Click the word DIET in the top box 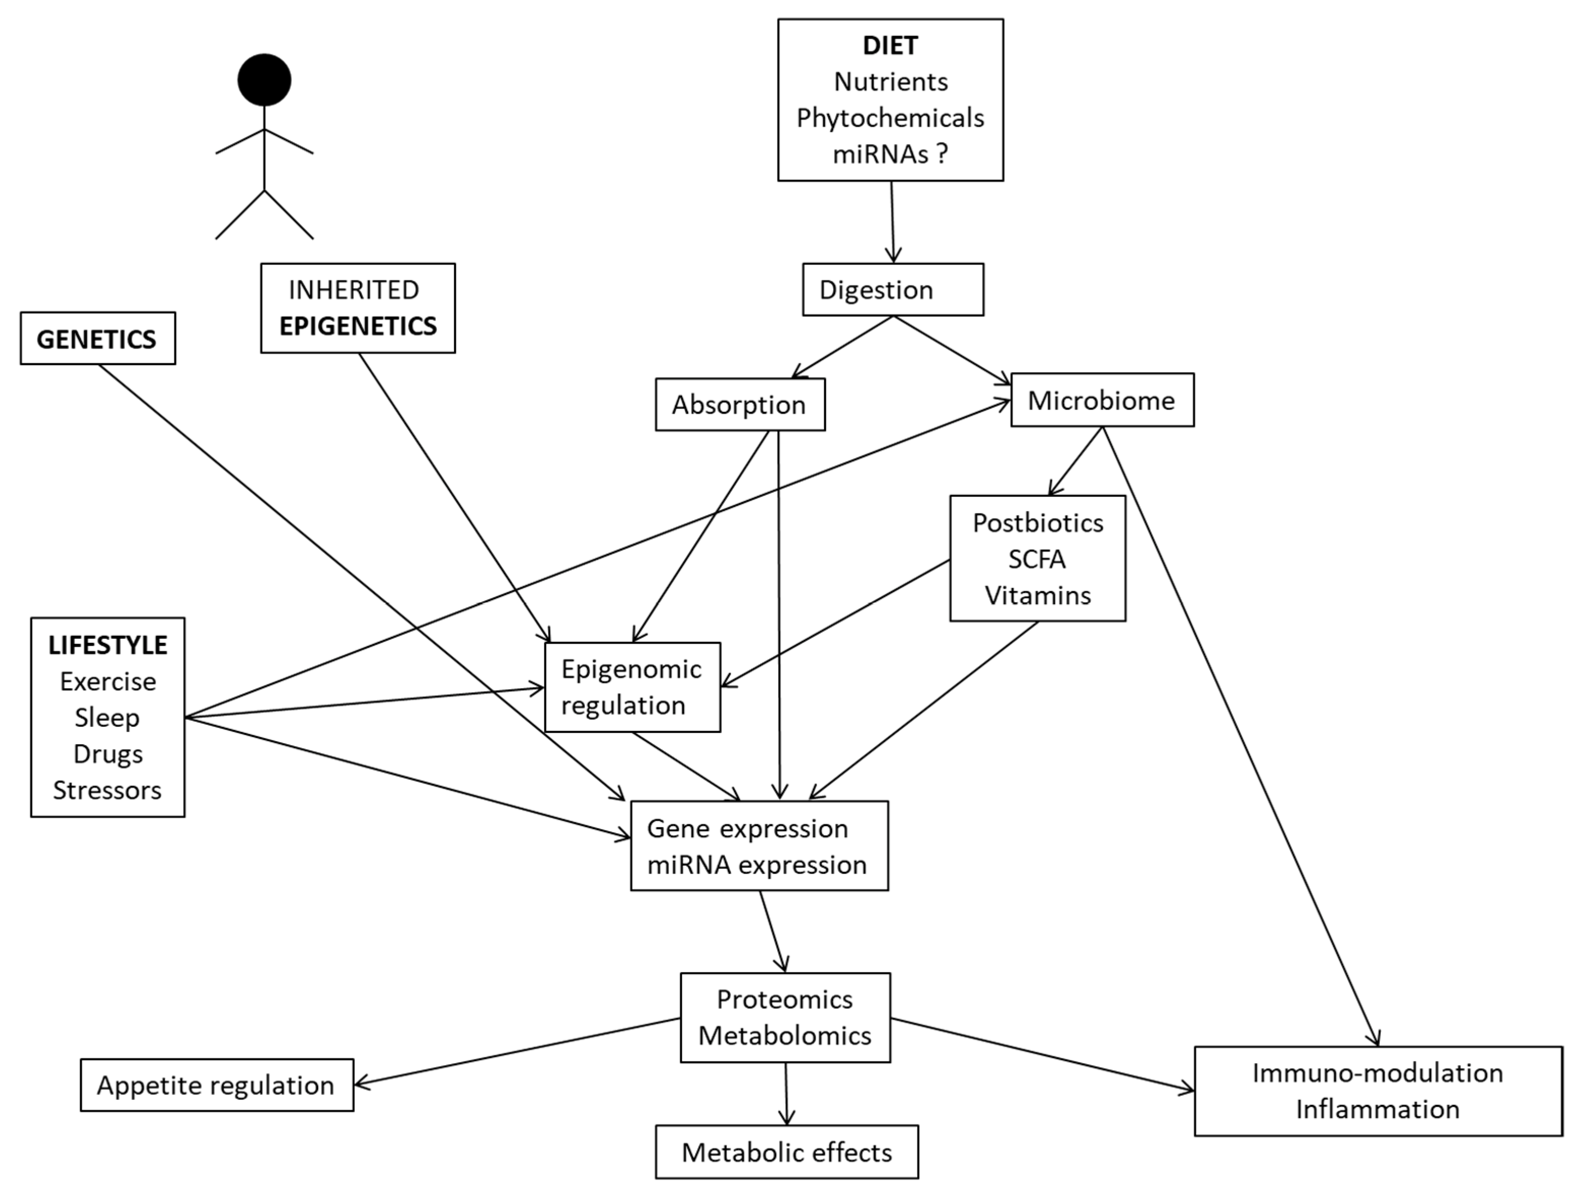click(x=890, y=46)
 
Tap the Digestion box click(x=892, y=290)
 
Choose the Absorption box click(x=739, y=405)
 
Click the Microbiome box click(x=1102, y=400)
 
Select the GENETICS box click(x=97, y=339)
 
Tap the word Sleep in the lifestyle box click(x=107, y=717)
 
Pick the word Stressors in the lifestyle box click(x=107, y=790)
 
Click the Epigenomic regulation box click(x=632, y=686)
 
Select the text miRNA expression click(x=757, y=865)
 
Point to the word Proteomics click(x=784, y=999)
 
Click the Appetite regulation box click(x=216, y=1085)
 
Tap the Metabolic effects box click(x=786, y=1152)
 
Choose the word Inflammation click(x=1377, y=1109)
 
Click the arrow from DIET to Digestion click(x=892, y=221)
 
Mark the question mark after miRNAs click(x=942, y=154)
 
